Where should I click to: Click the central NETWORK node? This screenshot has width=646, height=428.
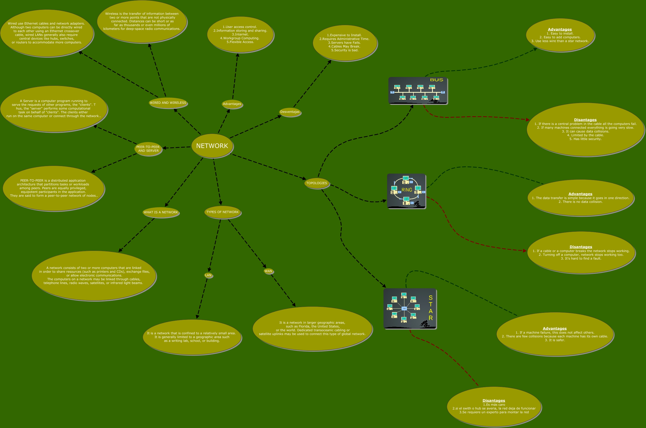(212, 146)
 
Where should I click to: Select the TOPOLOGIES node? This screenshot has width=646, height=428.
(317, 183)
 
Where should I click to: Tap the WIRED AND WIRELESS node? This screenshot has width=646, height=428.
(168, 103)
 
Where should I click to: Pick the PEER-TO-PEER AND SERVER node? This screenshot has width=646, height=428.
(148, 149)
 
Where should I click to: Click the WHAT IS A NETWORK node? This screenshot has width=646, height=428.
(161, 212)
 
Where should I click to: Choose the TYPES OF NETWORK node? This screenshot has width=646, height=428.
(222, 212)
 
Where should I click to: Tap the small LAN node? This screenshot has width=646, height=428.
(208, 275)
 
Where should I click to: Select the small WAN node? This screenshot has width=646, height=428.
(268, 271)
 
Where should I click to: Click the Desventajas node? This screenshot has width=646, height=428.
(290, 112)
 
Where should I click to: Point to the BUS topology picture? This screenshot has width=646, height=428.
(418, 91)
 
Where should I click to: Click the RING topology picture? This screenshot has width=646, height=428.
(406, 191)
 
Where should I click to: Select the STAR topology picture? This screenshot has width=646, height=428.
(410, 308)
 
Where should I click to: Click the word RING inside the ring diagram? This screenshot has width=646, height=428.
(407, 190)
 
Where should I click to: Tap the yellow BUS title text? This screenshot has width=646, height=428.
(436, 80)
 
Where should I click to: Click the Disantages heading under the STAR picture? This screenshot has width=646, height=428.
(494, 400)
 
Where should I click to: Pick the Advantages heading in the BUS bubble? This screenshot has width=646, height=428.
(560, 29)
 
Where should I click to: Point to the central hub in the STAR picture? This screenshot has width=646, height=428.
(404, 308)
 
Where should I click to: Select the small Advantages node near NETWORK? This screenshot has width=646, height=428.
(232, 104)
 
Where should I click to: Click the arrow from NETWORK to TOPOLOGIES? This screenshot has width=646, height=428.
(269, 167)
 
